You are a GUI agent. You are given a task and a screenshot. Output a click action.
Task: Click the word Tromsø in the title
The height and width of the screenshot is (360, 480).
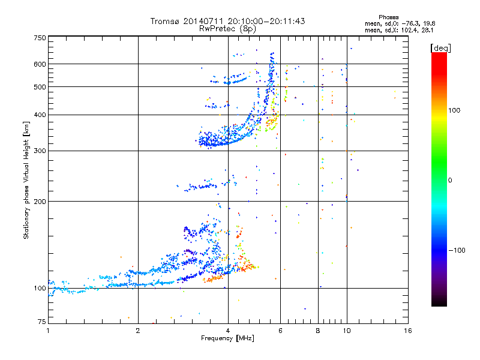coord(164,21)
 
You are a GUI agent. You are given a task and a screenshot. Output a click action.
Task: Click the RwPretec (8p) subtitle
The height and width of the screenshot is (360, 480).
coord(227,29)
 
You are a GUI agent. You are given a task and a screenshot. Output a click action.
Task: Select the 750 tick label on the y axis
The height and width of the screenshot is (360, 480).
coord(40,38)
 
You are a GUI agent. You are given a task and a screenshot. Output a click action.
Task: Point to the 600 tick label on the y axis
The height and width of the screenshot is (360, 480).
coord(40,64)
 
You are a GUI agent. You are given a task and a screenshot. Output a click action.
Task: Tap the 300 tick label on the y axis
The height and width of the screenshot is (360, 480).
coord(40,151)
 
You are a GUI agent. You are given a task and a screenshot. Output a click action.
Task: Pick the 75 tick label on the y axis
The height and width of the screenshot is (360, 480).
coord(42,322)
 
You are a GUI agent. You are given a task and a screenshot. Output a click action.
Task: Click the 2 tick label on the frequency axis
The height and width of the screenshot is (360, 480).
coord(138,331)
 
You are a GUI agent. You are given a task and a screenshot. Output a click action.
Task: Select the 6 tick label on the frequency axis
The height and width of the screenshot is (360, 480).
coord(280,331)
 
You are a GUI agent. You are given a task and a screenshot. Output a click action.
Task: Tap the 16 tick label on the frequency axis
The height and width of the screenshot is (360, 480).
coord(408,331)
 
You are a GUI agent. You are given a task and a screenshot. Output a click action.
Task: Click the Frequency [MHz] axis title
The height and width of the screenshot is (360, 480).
coord(227,338)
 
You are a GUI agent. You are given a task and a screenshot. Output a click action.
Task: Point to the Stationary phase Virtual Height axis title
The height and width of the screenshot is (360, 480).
coord(26,181)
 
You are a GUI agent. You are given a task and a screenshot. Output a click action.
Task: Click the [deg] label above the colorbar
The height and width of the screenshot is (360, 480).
coord(440,48)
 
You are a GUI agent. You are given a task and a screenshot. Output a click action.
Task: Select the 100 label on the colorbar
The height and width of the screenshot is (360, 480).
coord(454,110)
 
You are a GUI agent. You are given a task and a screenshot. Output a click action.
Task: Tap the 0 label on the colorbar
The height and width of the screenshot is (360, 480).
coord(450,181)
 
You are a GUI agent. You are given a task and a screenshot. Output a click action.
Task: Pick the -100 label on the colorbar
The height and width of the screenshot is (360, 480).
coord(457,250)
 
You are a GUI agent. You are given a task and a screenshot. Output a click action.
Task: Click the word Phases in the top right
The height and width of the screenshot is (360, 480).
coord(388,17)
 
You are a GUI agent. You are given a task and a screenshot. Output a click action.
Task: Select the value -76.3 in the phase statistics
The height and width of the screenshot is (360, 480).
coord(411,23)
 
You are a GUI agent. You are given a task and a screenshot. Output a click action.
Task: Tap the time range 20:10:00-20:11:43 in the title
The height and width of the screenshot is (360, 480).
coord(266,21)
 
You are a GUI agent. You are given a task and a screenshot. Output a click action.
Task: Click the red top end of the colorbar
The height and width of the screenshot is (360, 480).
coord(439,54)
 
